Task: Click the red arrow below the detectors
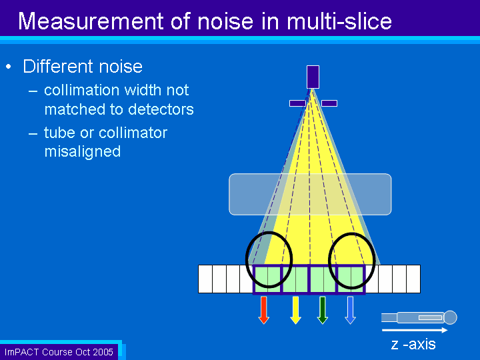tap(263, 310)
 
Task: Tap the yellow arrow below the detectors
tap(295, 310)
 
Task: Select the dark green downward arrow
tap(323, 310)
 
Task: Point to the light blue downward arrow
tap(350, 310)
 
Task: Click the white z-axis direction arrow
tap(415, 330)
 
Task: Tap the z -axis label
tap(413, 345)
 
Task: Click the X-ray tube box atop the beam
tap(313, 77)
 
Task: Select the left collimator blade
tap(297, 103)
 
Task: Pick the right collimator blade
tap(329, 103)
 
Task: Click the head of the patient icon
tap(450, 317)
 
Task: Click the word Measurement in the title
tap(91, 21)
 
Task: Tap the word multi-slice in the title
tap(339, 21)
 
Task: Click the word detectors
tap(158, 109)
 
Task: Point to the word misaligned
tap(83, 152)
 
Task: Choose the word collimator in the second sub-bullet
tap(133, 133)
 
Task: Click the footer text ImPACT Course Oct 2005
tap(59, 352)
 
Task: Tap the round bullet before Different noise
tap(9, 67)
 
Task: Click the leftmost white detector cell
tap(205, 279)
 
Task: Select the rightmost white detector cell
tap(413, 279)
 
